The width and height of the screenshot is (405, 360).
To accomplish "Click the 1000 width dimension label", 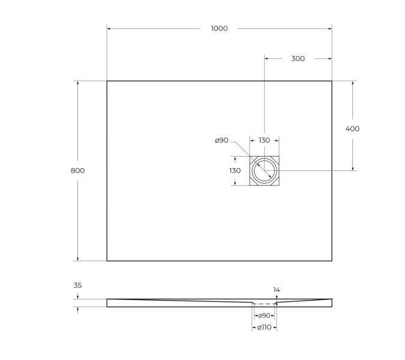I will [x=219, y=28].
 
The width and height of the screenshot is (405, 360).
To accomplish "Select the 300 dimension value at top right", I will [x=298, y=58].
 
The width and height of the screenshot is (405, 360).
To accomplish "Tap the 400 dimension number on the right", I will [x=353, y=128].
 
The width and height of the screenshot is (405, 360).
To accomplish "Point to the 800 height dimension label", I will [x=77, y=170].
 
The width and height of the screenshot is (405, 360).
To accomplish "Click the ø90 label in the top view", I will [x=221, y=140].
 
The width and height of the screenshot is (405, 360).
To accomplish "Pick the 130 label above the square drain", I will [x=264, y=140].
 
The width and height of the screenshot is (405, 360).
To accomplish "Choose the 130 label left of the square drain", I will [x=235, y=170].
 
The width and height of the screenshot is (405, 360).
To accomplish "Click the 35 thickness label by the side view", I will [x=77, y=286].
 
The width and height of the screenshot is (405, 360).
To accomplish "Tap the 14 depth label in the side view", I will [x=276, y=290].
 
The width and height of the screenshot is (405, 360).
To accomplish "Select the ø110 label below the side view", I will [x=264, y=328].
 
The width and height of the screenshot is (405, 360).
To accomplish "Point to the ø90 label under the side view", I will [x=264, y=316].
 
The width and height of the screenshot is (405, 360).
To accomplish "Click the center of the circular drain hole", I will [x=264, y=171].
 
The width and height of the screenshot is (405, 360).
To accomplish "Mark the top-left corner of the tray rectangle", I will [x=107, y=81].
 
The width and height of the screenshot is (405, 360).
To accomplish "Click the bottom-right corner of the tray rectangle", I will [x=332, y=261].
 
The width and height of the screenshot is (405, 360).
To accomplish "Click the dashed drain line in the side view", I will [x=264, y=304].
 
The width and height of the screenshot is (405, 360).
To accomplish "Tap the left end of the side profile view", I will [x=108, y=302].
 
